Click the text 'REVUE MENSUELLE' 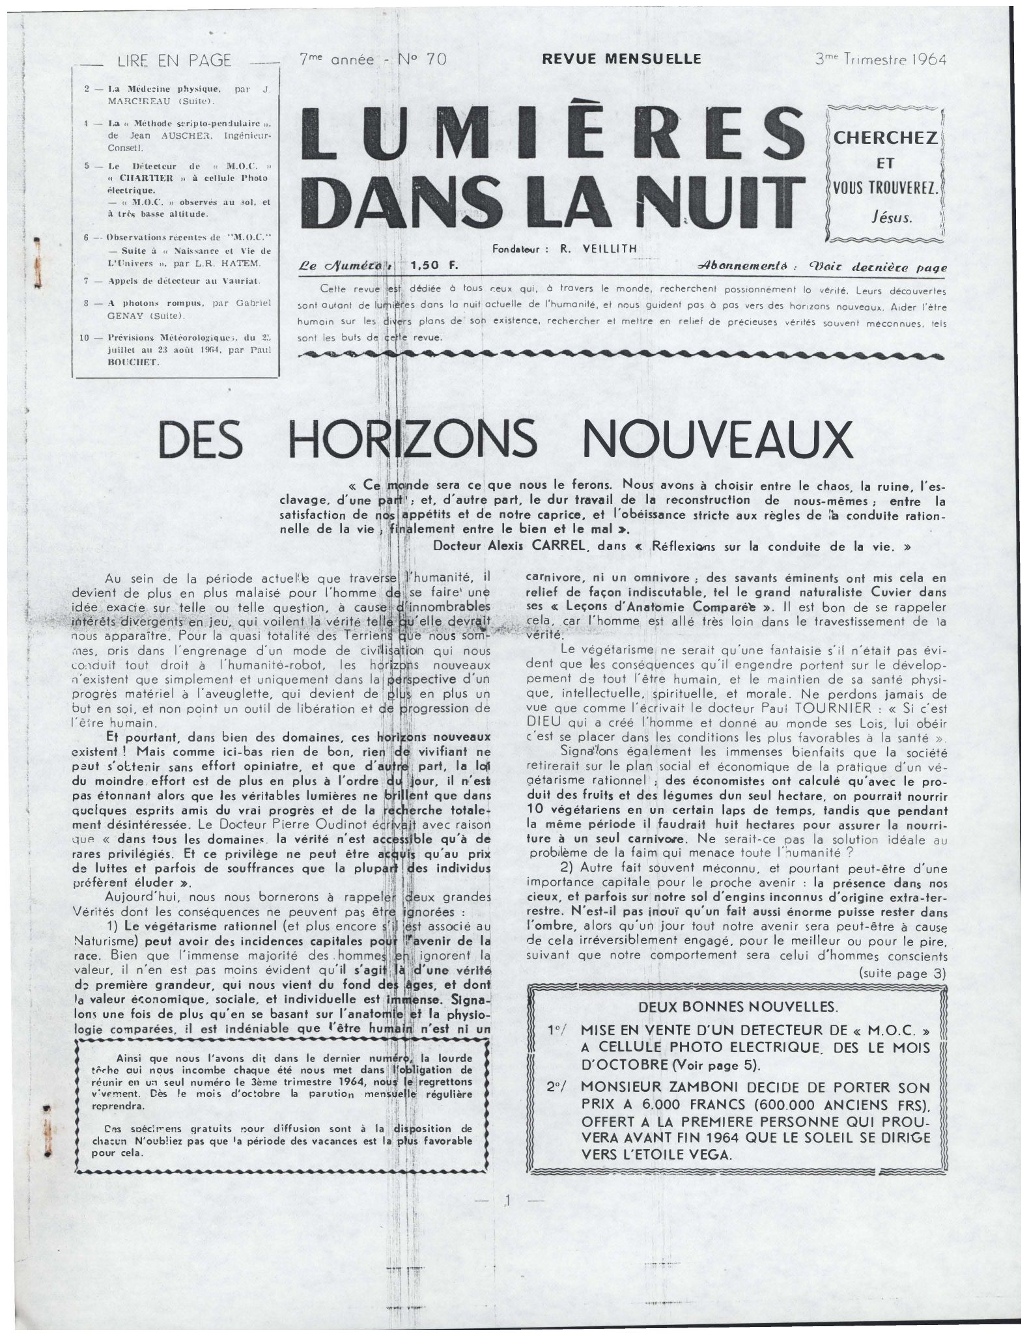click(x=621, y=59)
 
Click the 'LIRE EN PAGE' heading click(x=174, y=61)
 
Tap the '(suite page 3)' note click(x=902, y=973)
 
